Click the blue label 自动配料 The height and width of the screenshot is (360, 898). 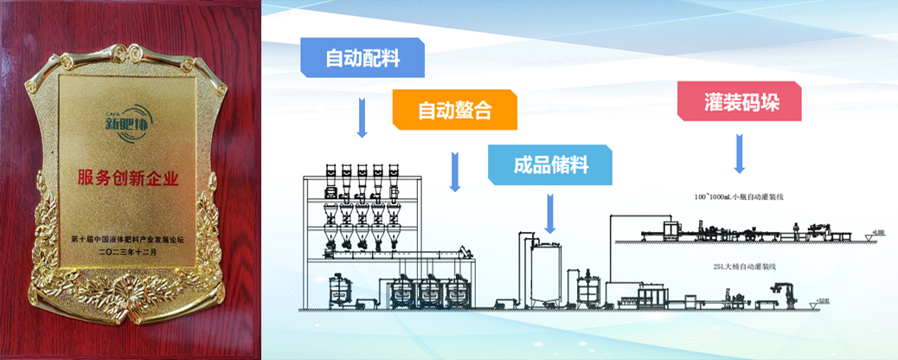(x=362, y=58)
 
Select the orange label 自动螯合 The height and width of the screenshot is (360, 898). (x=455, y=111)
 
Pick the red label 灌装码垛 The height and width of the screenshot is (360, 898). (x=740, y=101)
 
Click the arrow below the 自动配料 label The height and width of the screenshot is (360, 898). (x=362, y=117)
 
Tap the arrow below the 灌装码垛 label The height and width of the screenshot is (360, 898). (x=740, y=153)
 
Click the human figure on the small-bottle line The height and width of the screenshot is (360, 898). (x=795, y=229)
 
